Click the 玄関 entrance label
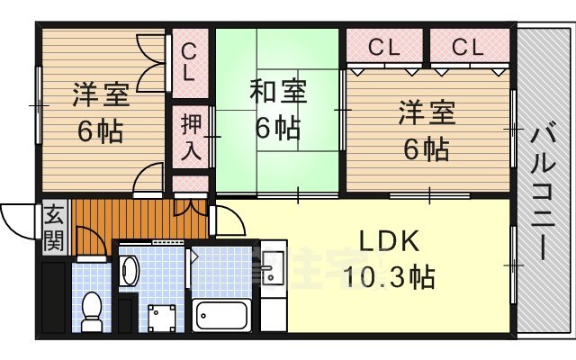pyautogui.click(x=53, y=229)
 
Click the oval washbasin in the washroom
pyautogui.click(x=130, y=269)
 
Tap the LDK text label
pyautogui.click(x=388, y=241)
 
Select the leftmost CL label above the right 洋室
pyautogui.click(x=384, y=48)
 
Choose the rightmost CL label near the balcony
pyautogui.click(x=467, y=48)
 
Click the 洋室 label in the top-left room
pyautogui.click(x=101, y=94)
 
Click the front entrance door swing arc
pyautogui.click(x=18, y=216)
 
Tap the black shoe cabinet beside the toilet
pyautogui.click(x=53, y=297)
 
